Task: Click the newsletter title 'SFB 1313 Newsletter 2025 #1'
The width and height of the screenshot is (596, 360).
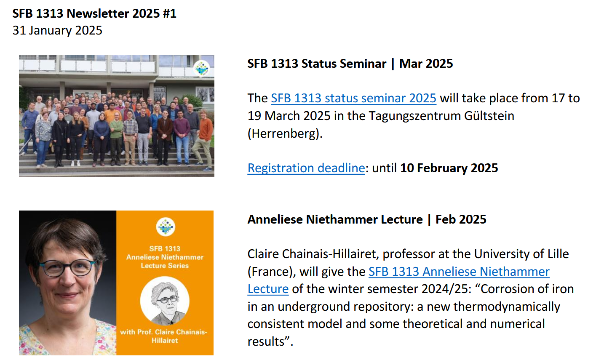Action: (x=94, y=13)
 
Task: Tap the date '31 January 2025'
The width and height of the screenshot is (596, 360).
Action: (x=57, y=30)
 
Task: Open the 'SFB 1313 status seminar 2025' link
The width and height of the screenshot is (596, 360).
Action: (x=354, y=98)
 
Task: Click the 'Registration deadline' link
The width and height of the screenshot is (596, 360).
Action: (x=306, y=168)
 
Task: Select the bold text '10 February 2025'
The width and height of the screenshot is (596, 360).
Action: (x=449, y=168)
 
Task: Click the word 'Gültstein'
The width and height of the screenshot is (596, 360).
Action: (x=489, y=116)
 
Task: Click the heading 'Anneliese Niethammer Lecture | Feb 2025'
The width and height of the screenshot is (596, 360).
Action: (x=367, y=219)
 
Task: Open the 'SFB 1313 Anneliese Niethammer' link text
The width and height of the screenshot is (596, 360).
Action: (x=459, y=272)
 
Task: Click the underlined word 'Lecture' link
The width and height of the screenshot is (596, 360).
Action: (x=268, y=289)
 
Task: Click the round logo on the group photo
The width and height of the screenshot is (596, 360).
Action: (x=201, y=68)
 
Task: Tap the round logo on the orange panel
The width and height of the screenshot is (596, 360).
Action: (x=166, y=227)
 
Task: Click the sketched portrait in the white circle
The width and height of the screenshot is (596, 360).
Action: (x=165, y=301)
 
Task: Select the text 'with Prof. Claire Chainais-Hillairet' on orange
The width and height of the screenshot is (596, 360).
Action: (x=163, y=336)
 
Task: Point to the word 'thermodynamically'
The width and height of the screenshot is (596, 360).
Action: (x=507, y=307)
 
